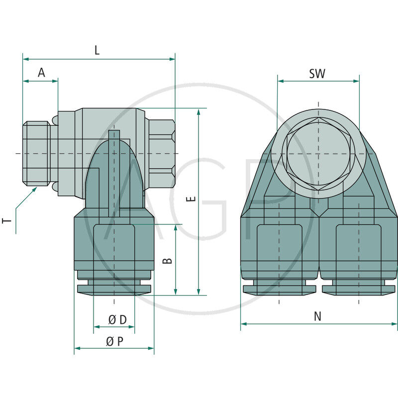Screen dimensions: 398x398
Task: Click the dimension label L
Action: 97,50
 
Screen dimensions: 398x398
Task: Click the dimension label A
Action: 41,73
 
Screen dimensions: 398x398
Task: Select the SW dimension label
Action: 317,74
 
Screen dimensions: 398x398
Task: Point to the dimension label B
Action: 167,261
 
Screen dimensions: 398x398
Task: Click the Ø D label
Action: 117,320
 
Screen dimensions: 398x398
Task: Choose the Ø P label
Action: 115,341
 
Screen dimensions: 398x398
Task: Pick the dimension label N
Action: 317,316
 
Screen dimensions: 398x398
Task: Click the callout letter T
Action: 7,220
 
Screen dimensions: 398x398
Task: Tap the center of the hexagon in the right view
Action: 318,154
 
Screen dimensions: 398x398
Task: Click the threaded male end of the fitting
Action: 36,154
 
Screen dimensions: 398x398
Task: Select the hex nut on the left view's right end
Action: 161,154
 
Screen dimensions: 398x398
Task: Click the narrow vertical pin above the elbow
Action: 114,173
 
